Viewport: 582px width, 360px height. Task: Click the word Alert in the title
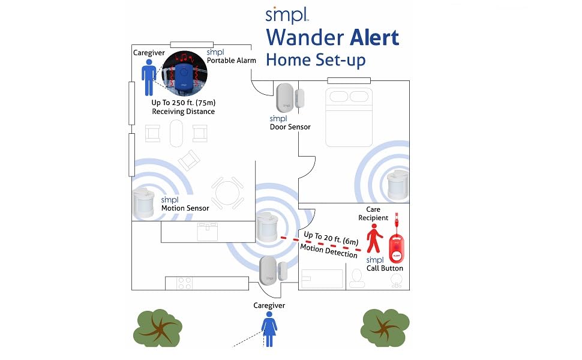[367, 37]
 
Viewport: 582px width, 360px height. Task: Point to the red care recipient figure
[376, 239]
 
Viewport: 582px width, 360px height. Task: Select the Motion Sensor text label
[185, 208]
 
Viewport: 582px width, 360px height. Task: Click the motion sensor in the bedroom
[397, 185]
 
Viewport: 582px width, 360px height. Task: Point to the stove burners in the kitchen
[184, 283]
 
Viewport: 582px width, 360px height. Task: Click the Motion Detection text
[328, 251]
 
